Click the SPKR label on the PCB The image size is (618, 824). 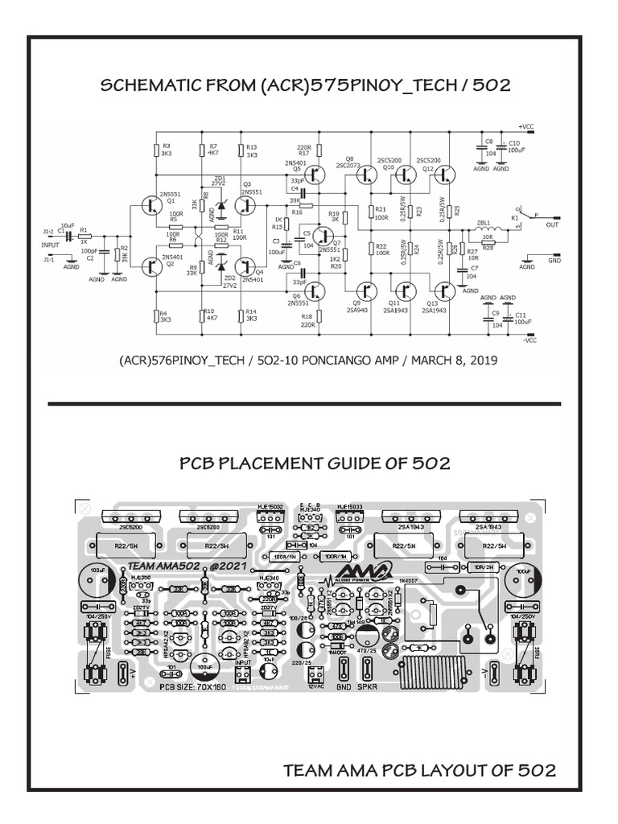tap(368, 687)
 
